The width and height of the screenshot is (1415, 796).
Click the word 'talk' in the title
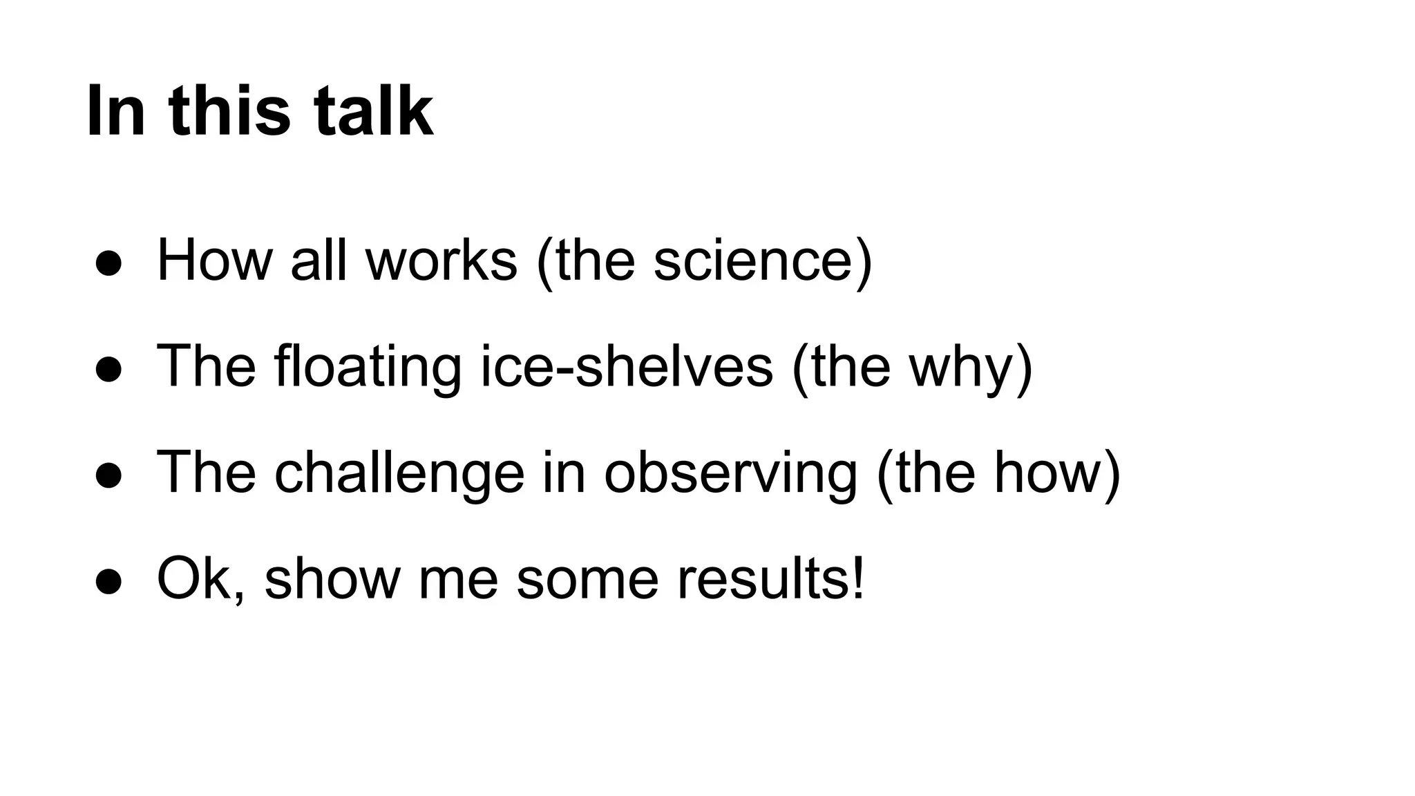374,111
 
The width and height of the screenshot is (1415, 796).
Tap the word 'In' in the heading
115,111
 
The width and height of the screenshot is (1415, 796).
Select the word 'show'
332,579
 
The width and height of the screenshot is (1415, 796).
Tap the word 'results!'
770,579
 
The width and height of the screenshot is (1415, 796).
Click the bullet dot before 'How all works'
109,263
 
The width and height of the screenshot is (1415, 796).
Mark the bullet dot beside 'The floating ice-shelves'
109,370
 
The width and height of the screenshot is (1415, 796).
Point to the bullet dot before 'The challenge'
109,475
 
